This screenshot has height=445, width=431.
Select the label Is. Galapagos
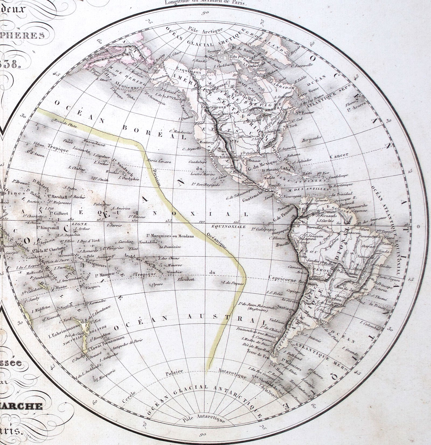(x=261, y=229)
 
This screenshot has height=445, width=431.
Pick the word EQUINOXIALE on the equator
(x=228, y=227)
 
